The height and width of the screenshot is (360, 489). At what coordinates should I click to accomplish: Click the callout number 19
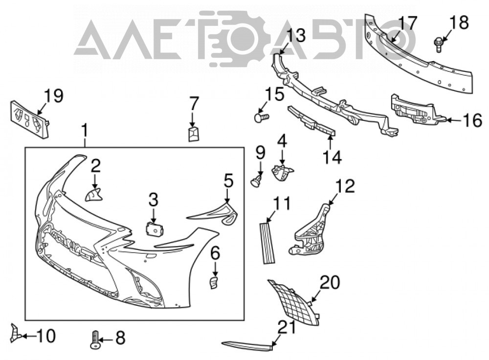[54, 96]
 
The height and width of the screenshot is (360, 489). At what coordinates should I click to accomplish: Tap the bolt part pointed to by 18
[439, 45]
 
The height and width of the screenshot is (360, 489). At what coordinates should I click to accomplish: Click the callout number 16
[472, 120]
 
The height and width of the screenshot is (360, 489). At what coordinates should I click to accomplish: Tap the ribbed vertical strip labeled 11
[267, 243]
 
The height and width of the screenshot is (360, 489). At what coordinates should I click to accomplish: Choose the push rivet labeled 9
[257, 181]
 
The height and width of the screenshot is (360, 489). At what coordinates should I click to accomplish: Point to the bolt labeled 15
[261, 118]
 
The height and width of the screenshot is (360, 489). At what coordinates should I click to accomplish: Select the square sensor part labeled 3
[155, 230]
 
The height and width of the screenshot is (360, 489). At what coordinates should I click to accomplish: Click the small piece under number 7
[194, 134]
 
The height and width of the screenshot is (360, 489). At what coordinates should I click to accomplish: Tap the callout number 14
[332, 157]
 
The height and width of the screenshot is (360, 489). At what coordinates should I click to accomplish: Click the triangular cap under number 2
[93, 195]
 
